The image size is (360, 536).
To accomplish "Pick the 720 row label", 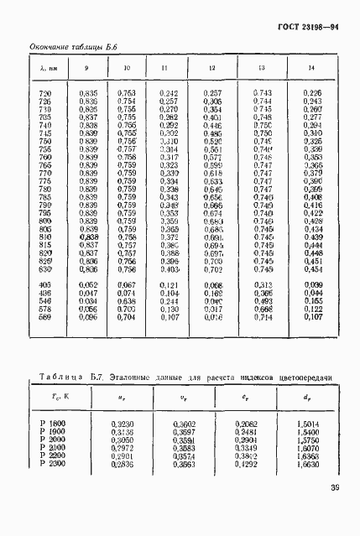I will [x=44, y=93].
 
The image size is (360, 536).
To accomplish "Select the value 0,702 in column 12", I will [x=212, y=270].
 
